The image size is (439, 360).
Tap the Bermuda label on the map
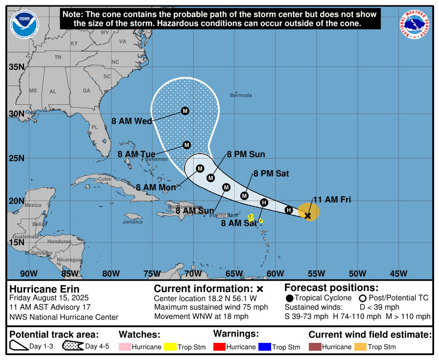pyautogui.click(x=241, y=95)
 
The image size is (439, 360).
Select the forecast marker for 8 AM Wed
pyautogui.click(x=185, y=111)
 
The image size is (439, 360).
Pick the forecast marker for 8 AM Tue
pyautogui.click(x=186, y=145)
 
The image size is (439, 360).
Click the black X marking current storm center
pyautogui.click(x=308, y=215)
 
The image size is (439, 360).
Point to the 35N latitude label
pyautogui.click(x=16, y=67)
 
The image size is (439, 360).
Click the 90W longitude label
pyautogui.click(x=28, y=273)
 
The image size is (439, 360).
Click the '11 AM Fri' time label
pyautogui.click(x=332, y=199)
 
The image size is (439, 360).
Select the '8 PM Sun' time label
pyautogui.click(x=246, y=154)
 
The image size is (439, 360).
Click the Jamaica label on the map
pyautogui.click(x=133, y=222)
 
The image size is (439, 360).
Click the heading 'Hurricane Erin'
pyautogui.click(x=45, y=289)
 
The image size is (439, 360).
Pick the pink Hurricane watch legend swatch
pyautogui.click(x=125, y=347)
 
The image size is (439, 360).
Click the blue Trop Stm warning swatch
pyautogui.click(x=264, y=347)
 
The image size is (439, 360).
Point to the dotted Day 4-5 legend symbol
pyautogui.click(x=72, y=346)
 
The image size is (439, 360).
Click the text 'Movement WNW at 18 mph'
pyautogui.click(x=201, y=316)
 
